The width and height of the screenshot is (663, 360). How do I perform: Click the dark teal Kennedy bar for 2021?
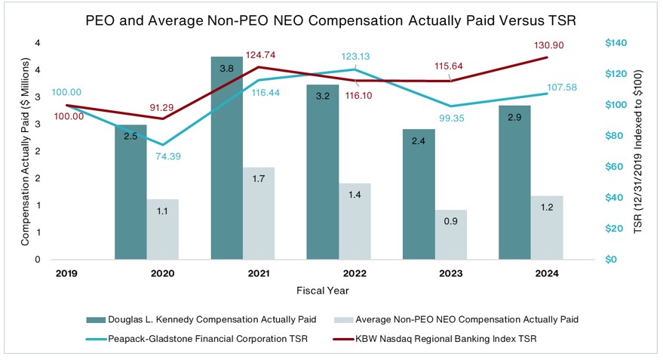227,158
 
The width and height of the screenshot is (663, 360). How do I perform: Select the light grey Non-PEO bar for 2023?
451,235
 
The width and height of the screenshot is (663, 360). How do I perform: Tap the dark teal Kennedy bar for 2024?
514,183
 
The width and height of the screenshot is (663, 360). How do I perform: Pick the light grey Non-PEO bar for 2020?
163,229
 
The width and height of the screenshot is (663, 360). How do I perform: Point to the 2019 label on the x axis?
66,273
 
